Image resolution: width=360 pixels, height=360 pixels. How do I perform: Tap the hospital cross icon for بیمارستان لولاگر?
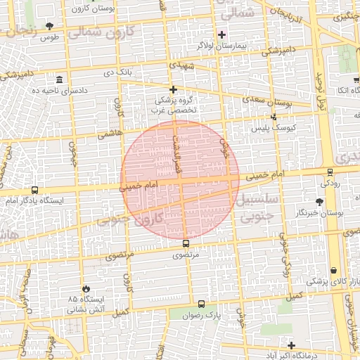tap(222, 34)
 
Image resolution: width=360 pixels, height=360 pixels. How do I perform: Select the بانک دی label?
tap(118, 71)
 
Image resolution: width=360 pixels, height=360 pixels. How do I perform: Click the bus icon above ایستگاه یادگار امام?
tap(34, 190)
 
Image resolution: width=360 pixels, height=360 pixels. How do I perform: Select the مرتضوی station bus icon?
tap(186, 243)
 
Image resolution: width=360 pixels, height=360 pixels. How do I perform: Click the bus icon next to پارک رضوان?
tap(202, 304)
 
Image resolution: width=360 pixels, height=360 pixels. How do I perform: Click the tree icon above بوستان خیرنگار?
tap(319, 200)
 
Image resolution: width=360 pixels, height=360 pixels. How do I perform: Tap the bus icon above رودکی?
tap(330, 172)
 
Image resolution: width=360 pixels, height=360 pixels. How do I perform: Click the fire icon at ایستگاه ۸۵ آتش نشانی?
tap(86, 288)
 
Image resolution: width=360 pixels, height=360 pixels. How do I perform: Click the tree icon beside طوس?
tap(49, 26)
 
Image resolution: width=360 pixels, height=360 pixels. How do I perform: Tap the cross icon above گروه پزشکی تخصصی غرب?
tap(174, 89)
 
